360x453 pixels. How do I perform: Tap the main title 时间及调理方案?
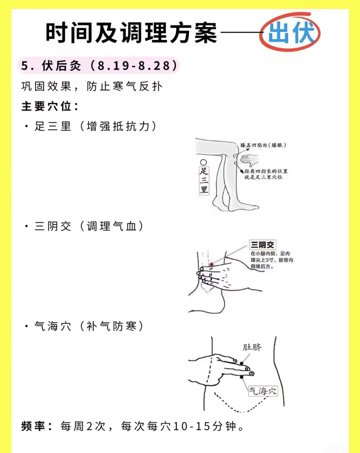tap(131, 33)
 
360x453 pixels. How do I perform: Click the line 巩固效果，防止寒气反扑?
tap(92, 87)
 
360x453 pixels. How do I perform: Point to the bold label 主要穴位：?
tap(50, 107)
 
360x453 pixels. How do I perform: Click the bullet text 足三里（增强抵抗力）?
tap(95, 126)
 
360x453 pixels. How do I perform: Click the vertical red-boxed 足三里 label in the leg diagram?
tap(204, 180)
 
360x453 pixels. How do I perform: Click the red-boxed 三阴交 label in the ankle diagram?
tap(262, 245)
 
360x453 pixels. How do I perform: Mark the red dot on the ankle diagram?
tap(212, 265)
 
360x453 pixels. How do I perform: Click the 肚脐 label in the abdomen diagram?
tap(252, 347)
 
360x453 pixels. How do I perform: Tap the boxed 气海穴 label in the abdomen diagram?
tap(263, 391)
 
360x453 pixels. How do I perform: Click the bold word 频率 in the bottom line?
tap(33, 426)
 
